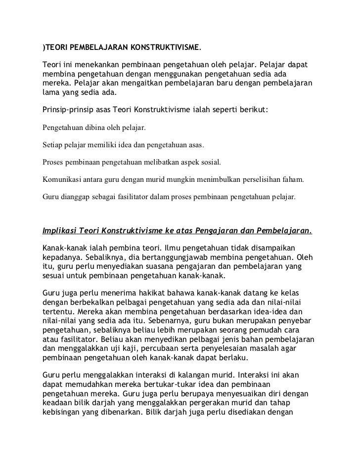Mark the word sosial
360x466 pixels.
210,163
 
